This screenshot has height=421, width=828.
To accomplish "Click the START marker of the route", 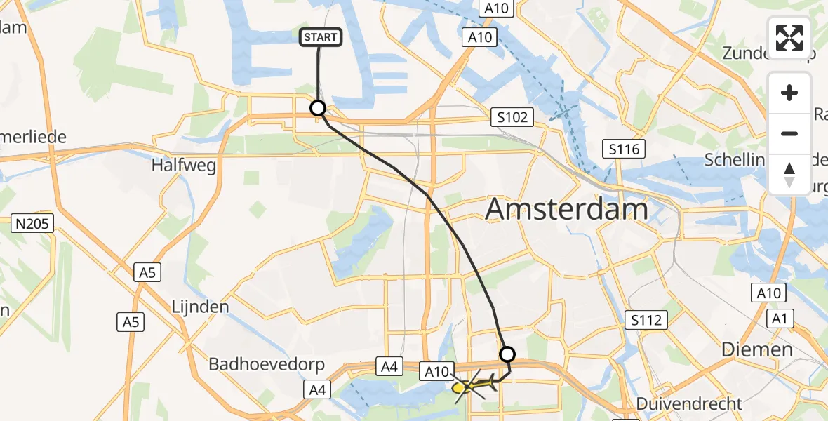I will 321,37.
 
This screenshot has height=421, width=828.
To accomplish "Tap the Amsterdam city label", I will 566,209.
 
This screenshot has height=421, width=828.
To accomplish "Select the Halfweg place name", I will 183,165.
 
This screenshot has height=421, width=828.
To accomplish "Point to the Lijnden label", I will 201,307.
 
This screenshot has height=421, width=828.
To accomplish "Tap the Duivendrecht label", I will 688,403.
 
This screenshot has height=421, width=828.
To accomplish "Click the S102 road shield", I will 512,117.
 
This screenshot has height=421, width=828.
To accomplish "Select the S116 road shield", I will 623,148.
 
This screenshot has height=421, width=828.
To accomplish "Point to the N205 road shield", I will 33,225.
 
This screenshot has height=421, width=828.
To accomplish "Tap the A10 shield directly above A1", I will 769,293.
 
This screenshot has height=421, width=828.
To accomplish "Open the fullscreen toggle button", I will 789,37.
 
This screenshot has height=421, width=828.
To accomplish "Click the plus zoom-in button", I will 789,93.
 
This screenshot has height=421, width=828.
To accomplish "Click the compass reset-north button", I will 789,174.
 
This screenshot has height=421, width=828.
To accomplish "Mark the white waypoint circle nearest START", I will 318,108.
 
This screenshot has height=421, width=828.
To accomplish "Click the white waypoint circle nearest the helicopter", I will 507,354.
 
